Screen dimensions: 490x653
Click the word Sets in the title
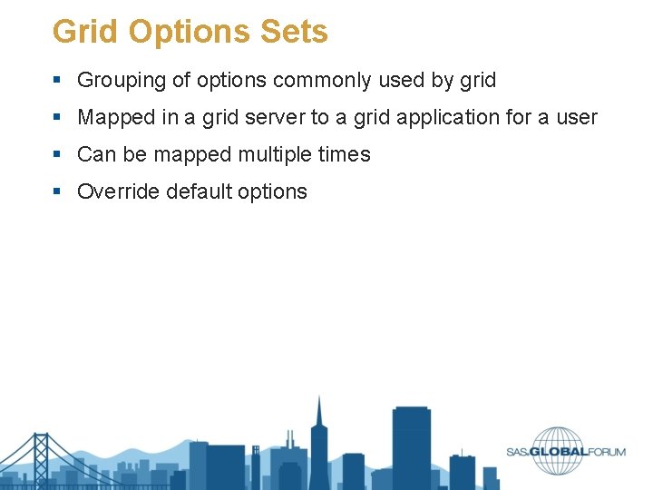point(294,32)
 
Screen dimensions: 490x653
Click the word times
point(345,155)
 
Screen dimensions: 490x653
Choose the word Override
point(112,192)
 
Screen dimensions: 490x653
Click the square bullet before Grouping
point(58,81)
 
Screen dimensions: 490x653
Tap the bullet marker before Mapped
point(58,118)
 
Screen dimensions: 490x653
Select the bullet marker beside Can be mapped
point(58,155)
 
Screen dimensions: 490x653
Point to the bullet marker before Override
point(58,192)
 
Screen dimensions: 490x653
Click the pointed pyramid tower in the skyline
point(318,440)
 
